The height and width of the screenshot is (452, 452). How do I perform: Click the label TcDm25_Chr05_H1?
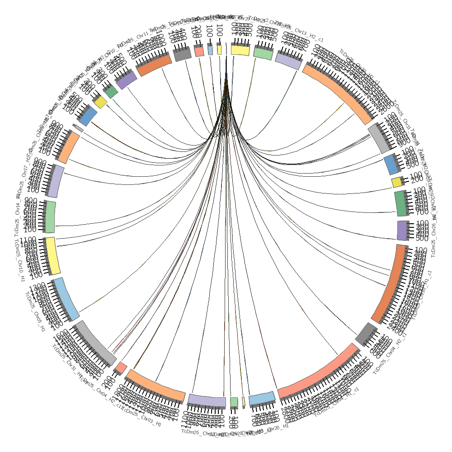(34, 312)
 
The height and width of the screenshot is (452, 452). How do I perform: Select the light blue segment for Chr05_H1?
(66, 298)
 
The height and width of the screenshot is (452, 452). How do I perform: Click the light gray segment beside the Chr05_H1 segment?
(96, 344)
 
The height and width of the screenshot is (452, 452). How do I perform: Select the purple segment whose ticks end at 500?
(403, 231)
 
